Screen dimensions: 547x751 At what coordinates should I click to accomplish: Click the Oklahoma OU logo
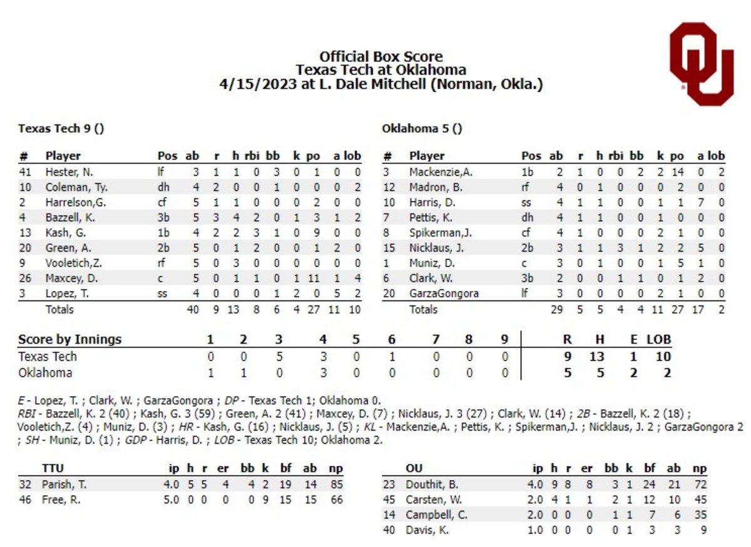click(x=701, y=64)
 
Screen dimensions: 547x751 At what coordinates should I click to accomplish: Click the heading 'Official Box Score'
click(x=381, y=56)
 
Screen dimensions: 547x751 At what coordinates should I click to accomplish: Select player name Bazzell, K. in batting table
click(x=70, y=218)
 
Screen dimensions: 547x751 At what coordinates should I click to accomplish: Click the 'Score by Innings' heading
click(x=69, y=340)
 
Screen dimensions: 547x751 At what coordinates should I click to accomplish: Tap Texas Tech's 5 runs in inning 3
click(x=278, y=357)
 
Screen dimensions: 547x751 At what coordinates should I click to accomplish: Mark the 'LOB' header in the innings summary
click(x=658, y=340)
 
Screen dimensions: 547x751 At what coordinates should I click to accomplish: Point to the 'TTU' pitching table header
click(x=53, y=468)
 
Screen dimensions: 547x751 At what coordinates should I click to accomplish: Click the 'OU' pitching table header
click(x=414, y=468)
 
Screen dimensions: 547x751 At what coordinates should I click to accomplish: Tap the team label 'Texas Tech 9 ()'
click(x=61, y=129)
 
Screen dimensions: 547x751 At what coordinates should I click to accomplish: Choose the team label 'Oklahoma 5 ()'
click(x=422, y=129)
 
